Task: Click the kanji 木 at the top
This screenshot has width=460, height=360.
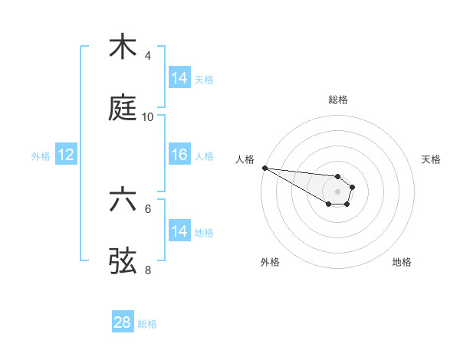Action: pos(123,47)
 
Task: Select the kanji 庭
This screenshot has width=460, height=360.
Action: pos(123,109)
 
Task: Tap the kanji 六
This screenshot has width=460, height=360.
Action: pos(123,199)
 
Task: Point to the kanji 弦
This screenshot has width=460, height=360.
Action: pos(123,261)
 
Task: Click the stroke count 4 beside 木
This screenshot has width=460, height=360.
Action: pos(148,56)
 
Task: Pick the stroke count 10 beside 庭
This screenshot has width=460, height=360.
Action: pos(148,117)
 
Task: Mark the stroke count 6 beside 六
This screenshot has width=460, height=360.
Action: pos(148,208)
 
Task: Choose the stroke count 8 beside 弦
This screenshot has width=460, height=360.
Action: pos(148,270)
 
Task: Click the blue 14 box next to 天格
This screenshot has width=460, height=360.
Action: pos(179,78)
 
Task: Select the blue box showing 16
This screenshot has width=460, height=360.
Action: pos(179,155)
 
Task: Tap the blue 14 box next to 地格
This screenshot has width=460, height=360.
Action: pos(179,231)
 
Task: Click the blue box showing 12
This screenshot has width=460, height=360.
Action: pos(65,155)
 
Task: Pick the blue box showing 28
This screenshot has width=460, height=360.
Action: pos(122,322)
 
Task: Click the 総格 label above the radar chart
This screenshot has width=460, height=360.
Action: pos(338,100)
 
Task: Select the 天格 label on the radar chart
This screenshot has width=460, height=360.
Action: pos(432,159)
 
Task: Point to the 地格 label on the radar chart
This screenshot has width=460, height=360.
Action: pos(402,262)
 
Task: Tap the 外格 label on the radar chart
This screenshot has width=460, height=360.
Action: pos(270,262)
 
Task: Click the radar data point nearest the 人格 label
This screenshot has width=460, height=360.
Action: pos(264,168)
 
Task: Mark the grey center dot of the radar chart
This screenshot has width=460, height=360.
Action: pos(337,191)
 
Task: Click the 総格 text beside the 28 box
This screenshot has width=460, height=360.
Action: pos(147,324)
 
